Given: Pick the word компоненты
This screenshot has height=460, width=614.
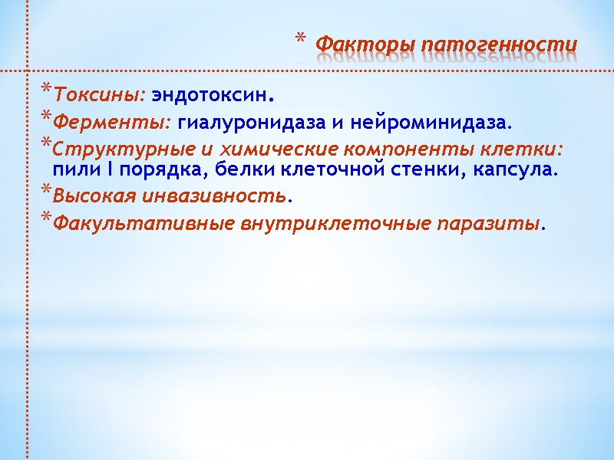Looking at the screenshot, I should pos(371,146).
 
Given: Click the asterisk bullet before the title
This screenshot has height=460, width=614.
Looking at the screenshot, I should pos(300,39).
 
